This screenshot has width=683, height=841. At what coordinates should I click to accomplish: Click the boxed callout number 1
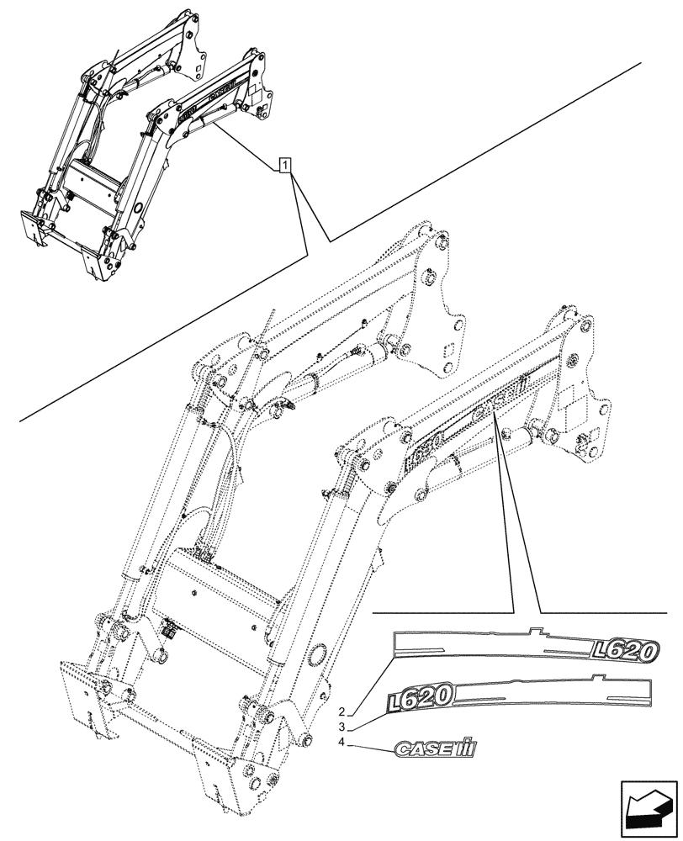point(287,165)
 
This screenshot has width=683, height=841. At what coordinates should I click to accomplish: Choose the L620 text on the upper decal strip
point(626,649)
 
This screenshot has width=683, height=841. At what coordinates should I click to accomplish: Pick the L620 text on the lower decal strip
point(421,696)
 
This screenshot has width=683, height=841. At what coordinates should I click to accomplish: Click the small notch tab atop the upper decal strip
point(534,631)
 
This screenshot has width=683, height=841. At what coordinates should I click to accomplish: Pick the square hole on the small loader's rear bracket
point(199,71)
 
